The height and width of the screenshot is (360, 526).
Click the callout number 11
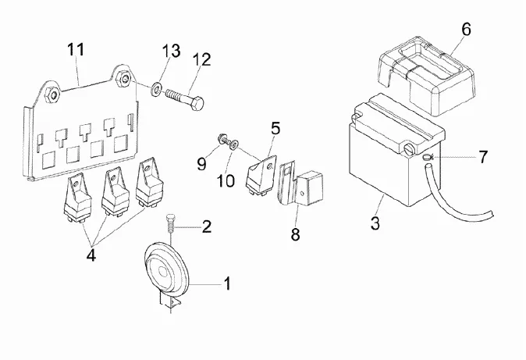(75, 50)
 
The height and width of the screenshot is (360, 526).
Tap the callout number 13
(171, 51)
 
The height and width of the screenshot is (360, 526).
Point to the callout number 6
(467, 30)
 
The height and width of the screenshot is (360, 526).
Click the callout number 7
(484, 157)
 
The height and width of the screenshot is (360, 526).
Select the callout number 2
(206, 227)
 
